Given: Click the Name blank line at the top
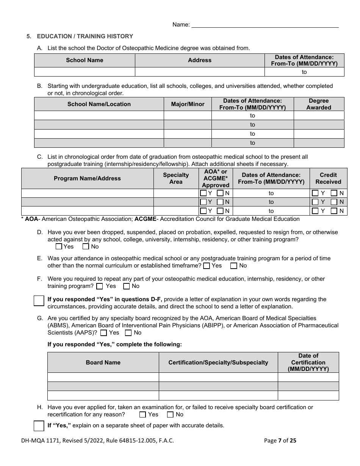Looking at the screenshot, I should pos(265,25).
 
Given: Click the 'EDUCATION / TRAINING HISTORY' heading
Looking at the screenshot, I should pos(85,36).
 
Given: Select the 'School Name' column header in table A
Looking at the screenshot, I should pos(85,60).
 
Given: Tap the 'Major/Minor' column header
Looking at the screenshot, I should pos(188,104).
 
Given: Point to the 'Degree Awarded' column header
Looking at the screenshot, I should pos(319,104).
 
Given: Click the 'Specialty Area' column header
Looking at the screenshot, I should pos(176,178).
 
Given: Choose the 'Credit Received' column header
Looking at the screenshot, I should pos(328,178).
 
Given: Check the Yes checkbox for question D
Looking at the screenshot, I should pos(59,247).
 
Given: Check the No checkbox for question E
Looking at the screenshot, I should pos(234,266).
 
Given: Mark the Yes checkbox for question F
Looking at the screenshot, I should pos(100,286).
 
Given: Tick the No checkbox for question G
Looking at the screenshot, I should pos(128,333).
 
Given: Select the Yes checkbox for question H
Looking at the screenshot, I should pos(142,414).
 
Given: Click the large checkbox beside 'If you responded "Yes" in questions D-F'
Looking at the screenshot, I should pos(39,301).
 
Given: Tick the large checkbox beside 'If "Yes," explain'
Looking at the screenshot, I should pos(39,425).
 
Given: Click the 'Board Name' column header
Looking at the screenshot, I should pos(103,363).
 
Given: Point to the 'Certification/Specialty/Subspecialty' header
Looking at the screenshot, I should pos(218,363).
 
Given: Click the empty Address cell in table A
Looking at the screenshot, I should pos(200,72).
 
